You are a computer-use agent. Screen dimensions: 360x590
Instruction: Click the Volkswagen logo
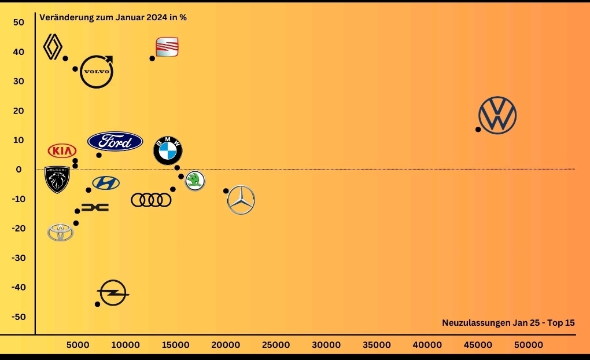[x=497, y=115]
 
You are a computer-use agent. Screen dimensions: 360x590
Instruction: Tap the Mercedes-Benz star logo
[x=240, y=200]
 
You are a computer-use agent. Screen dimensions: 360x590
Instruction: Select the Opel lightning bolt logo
[x=113, y=293]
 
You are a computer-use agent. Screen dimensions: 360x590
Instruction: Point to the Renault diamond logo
[x=53, y=47]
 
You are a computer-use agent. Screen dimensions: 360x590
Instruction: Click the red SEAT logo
[x=167, y=47]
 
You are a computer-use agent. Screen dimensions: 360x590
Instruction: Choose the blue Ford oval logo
[x=115, y=141]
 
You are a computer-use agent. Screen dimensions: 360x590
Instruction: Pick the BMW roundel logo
[x=168, y=151]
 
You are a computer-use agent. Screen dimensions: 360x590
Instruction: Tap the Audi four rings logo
[x=152, y=200]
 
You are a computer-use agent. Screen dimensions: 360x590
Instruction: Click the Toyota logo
[x=60, y=232]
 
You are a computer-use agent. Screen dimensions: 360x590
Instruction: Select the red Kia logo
[x=62, y=151]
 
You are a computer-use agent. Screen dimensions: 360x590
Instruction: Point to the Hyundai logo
[x=106, y=183]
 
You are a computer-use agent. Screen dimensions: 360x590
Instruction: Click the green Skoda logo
[x=195, y=181]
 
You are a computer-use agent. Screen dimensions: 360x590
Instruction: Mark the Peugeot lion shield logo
[x=57, y=179]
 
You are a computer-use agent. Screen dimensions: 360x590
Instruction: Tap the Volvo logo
[x=97, y=71]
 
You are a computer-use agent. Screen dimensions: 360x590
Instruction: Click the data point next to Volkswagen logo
[x=478, y=129]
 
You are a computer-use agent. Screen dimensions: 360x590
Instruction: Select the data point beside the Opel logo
[x=97, y=304]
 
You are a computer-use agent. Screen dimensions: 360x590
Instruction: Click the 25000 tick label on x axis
[x=276, y=345]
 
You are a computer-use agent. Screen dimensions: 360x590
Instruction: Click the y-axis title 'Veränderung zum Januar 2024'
[x=113, y=17]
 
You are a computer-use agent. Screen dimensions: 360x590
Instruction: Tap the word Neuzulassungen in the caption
[x=475, y=322]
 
